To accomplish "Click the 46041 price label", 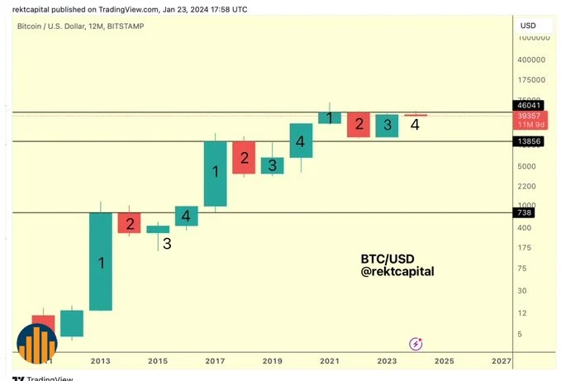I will (x=530, y=106).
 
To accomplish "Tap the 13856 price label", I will (x=530, y=142).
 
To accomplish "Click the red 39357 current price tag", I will (x=530, y=121).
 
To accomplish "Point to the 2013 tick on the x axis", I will (x=100, y=361).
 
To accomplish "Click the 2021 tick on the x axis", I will (x=329, y=361).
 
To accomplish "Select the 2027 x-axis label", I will (x=501, y=361).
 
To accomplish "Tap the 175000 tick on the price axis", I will (x=532, y=80).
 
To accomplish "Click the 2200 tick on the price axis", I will (x=527, y=186).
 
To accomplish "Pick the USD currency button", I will (x=528, y=26).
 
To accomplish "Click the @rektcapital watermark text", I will (x=397, y=271).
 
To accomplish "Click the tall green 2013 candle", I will (x=101, y=261).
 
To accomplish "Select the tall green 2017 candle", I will (x=216, y=174).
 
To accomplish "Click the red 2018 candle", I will (x=244, y=158).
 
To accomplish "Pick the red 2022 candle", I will (x=358, y=124).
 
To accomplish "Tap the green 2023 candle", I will (x=387, y=125).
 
